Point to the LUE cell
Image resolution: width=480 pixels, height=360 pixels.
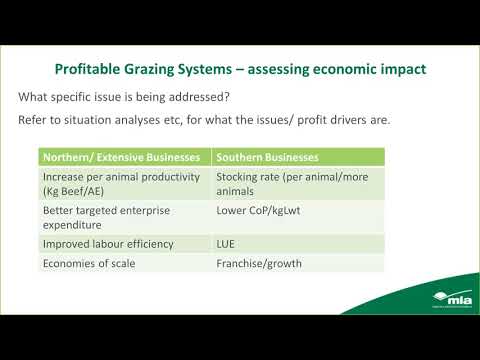coord(227,243)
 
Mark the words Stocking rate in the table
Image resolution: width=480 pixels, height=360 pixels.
coord(247,177)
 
